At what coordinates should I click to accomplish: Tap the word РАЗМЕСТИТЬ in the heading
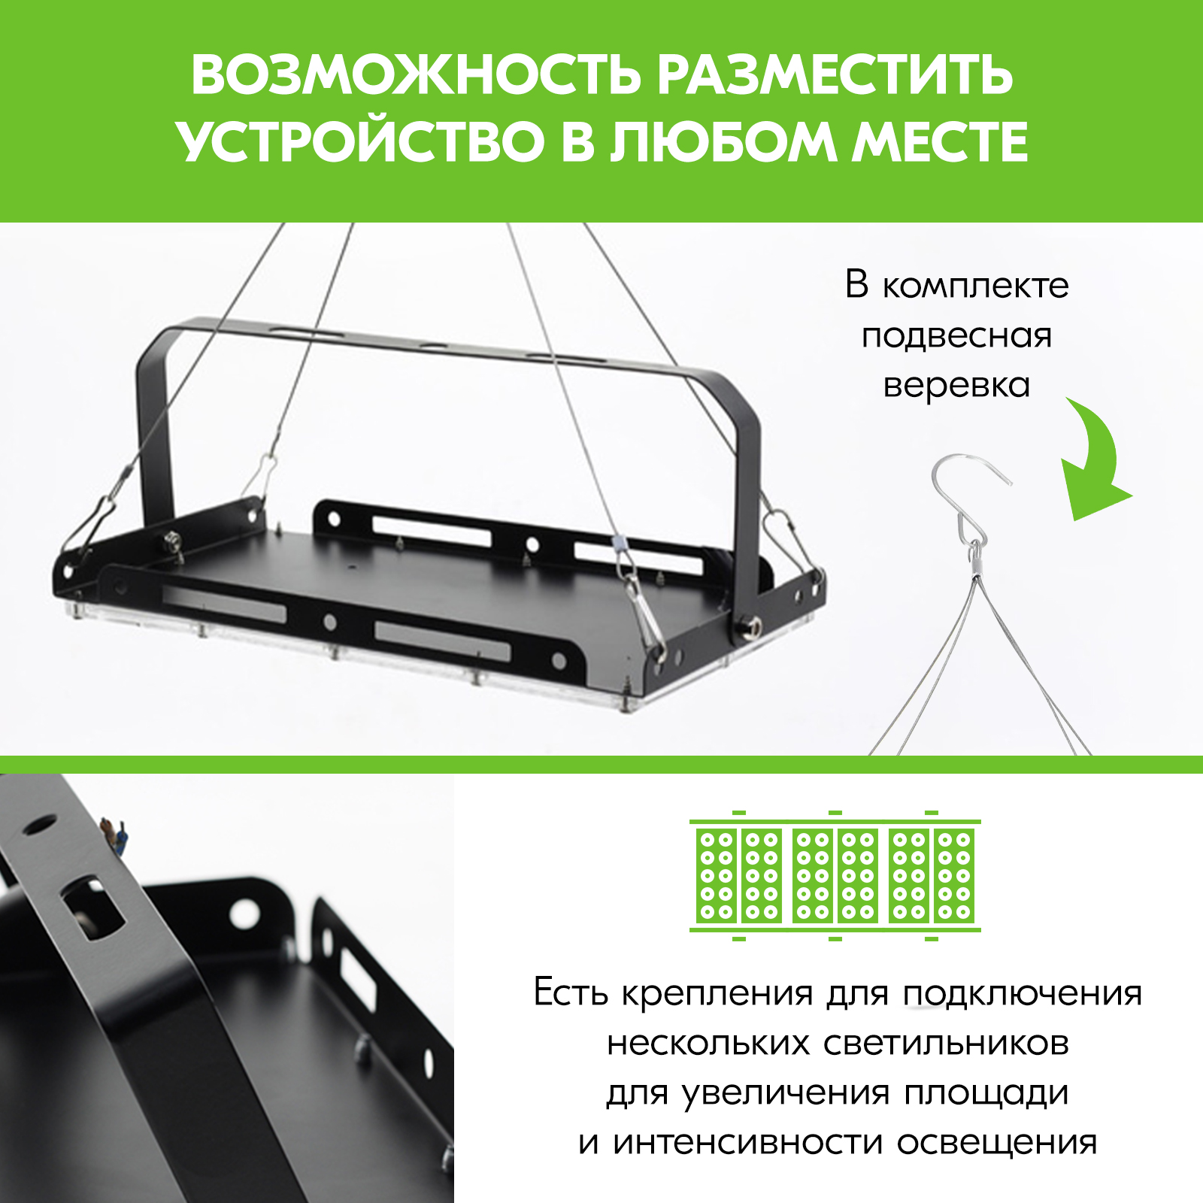pyautogui.click(x=835, y=75)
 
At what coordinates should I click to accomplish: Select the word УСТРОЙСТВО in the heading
pyautogui.click(x=361, y=141)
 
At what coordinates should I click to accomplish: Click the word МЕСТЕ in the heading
pyautogui.click(x=940, y=141)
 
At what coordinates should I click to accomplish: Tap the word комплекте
pyautogui.click(x=975, y=286)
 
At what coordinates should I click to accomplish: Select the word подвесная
pyautogui.click(x=956, y=336)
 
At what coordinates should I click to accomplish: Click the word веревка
pyautogui.click(x=956, y=386)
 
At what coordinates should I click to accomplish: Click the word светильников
pyautogui.click(x=946, y=1044)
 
